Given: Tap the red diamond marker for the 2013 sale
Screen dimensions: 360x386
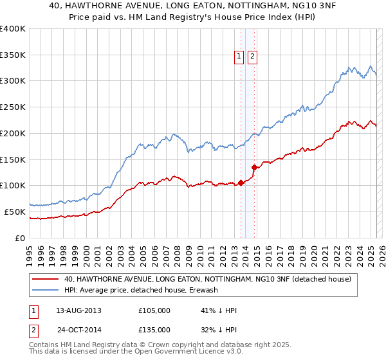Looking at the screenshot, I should pos(241,183).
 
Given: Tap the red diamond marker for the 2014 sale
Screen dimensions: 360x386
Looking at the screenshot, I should pos(255,167).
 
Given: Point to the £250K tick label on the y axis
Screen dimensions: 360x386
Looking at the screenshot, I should pos(13,107).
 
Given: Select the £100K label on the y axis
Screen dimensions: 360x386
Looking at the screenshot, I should pos(13,185).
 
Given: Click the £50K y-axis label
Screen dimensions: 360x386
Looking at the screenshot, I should pos(15,212).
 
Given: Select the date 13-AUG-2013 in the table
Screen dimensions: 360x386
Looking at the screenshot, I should pos(78,310).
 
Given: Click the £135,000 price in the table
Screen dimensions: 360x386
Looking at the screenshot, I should pos(154,330).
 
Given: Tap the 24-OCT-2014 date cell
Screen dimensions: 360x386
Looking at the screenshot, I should pos(79,330).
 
